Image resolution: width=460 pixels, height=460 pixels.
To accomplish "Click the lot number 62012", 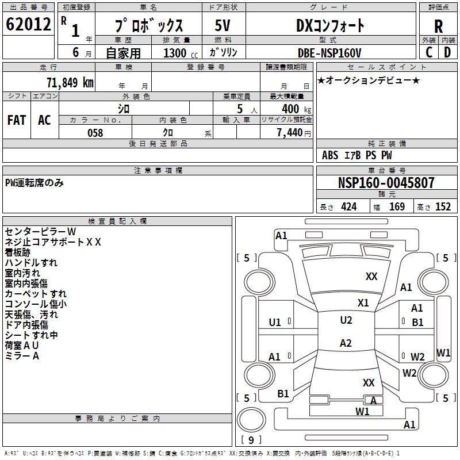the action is click(28, 25).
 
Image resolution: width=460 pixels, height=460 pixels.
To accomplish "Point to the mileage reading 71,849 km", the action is click(70, 82).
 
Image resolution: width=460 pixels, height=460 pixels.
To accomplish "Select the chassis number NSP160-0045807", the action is click(386, 183).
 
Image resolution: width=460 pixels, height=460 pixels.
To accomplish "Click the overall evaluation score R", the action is click(438, 26).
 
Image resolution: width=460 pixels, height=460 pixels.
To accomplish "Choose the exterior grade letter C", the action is click(429, 52).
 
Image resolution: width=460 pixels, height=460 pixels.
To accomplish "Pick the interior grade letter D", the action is click(447, 52).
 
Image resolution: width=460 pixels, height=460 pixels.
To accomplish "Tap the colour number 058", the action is click(95, 133).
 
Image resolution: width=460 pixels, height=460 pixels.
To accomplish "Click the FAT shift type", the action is click(16, 120).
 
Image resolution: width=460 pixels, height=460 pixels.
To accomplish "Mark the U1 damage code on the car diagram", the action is click(275, 323).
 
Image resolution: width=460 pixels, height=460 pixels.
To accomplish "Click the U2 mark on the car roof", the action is click(346, 320).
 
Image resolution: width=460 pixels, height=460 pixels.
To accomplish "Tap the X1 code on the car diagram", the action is click(363, 302).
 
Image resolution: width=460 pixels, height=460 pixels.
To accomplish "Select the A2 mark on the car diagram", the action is click(345, 343).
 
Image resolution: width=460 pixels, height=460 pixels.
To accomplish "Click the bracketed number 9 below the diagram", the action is click(251, 440).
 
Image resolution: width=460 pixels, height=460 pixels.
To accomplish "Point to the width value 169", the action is click(397, 207).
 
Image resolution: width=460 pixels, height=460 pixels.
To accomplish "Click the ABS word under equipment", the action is click(330, 155).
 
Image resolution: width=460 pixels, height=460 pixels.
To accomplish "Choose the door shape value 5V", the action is click(223, 26).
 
